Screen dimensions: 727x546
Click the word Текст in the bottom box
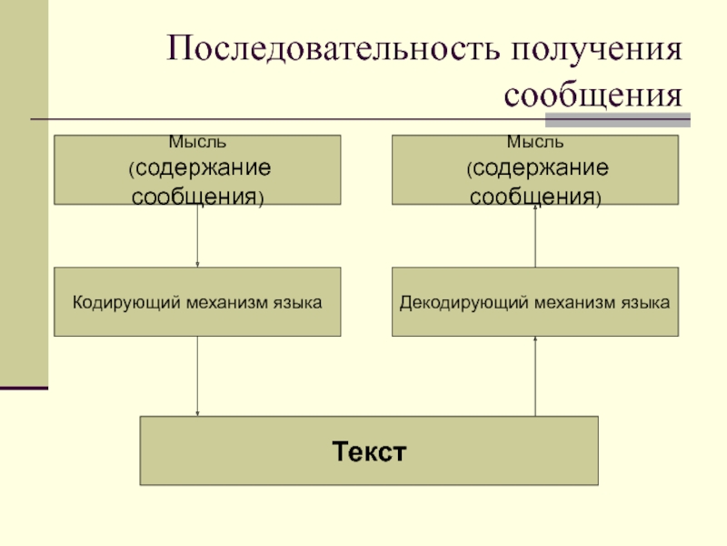(x=368, y=451)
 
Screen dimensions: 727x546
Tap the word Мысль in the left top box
(x=197, y=142)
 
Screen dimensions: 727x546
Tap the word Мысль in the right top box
(x=535, y=142)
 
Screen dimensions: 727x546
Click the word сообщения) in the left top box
(x=198, y=195)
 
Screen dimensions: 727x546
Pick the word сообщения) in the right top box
(x=535, y=195)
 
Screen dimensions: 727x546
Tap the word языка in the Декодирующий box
(x=646, y=301)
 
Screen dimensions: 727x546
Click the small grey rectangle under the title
(x=618, y=119)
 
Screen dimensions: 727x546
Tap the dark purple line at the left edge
(x=24, y=389)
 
